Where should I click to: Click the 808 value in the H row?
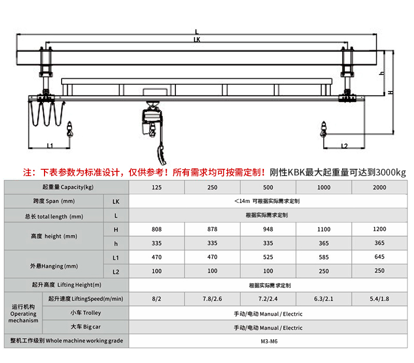(157, 228)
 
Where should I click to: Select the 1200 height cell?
(379, 228)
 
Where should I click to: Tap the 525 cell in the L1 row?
(268, 256)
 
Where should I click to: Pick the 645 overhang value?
(379, 256)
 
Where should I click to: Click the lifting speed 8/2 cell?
(157, 299)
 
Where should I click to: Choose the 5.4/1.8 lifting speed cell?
(379, 299)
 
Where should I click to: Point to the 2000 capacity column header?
(379, 187)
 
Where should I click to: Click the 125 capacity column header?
(157, 187)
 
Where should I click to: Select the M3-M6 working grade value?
(268, 341)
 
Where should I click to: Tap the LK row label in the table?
(116, 201)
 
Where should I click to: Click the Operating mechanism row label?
(23, 313)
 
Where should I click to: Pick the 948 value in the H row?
(268, 228)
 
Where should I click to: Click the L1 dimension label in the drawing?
(50, 146)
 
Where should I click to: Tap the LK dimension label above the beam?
(197, 39)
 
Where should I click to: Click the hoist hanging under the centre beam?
(152, 122)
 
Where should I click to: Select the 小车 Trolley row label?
(85, 313)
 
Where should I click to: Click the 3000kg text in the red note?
(391, 171)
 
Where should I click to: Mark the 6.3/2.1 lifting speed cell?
(324, 299)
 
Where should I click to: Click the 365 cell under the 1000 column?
(324, 243)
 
